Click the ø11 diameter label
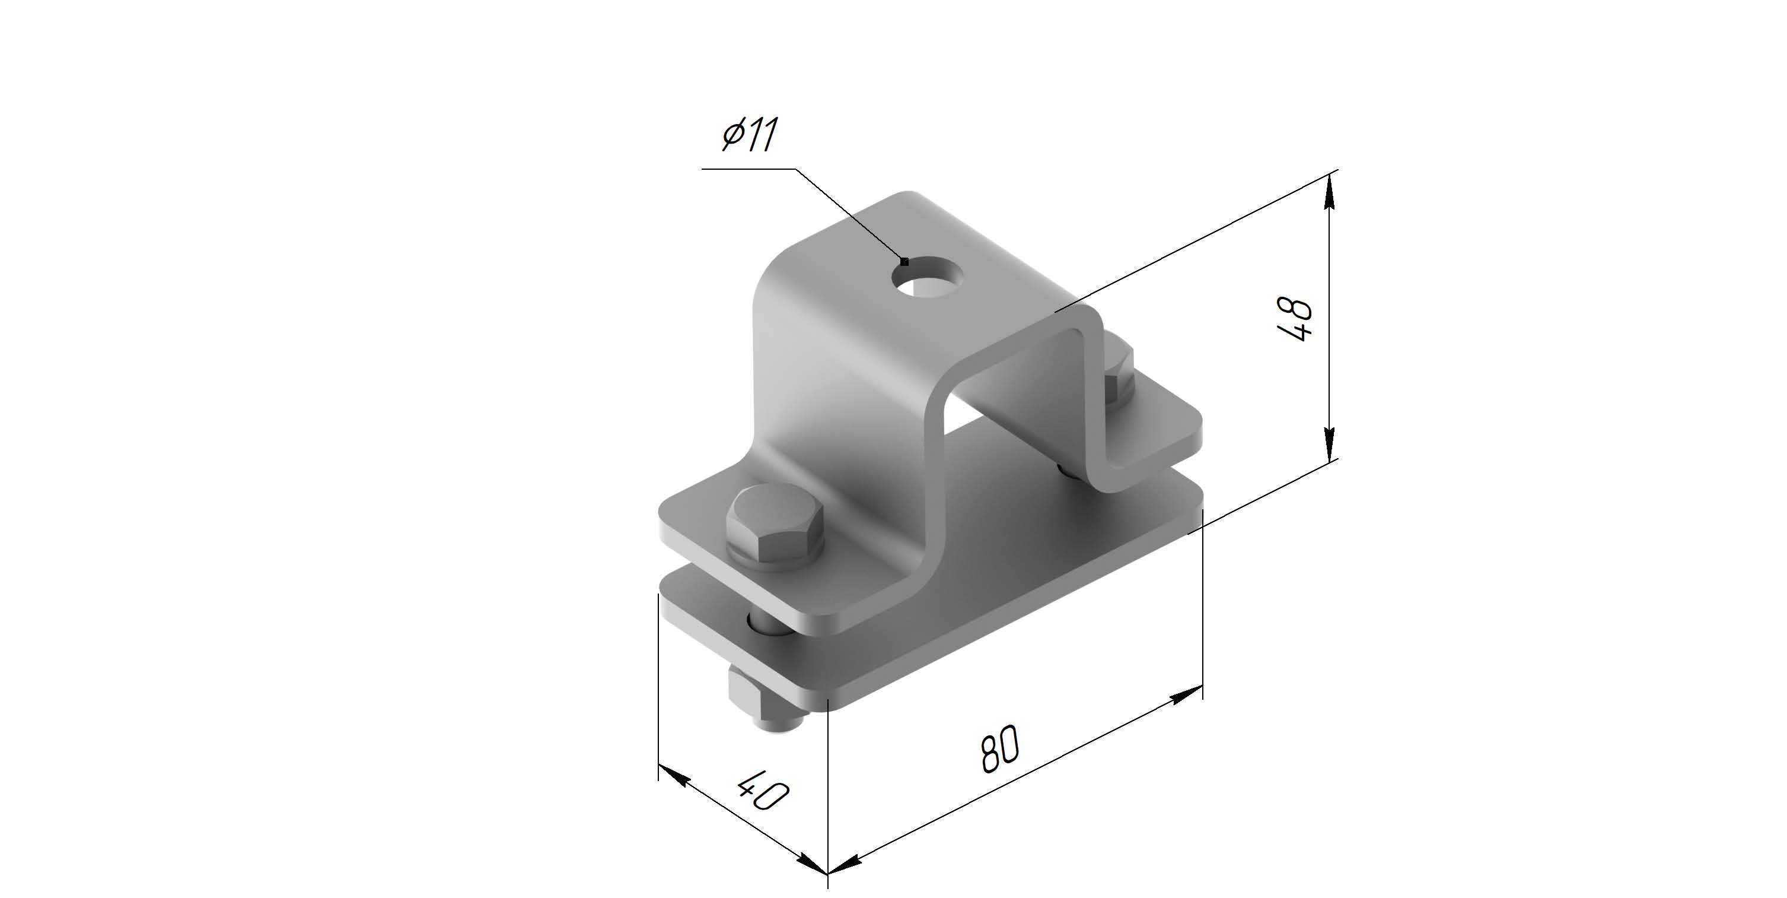click(748, 135)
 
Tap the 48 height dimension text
click(1295, 319)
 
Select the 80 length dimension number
click(999, 748)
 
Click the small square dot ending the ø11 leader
click(904, 262)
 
